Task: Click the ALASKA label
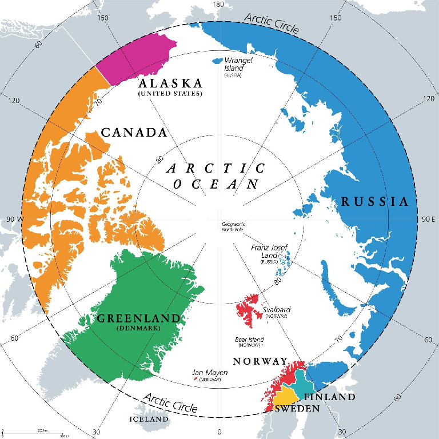click(x=170, y=83)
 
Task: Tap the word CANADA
click(x=134, y=133)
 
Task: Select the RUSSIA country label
click(x=375, y=201)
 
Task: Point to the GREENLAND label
click(x=138, y=318)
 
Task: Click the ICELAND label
click(x=149, y=419)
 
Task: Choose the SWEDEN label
click(x=297, y=409)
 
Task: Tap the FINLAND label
click(x=329, y=397)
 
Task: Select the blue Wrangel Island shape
click(x=217, y=60)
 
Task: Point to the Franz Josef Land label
click(x=269, y=251)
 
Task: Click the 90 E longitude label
click(x=428, y=219)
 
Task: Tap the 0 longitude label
click(x=219, y=432)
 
